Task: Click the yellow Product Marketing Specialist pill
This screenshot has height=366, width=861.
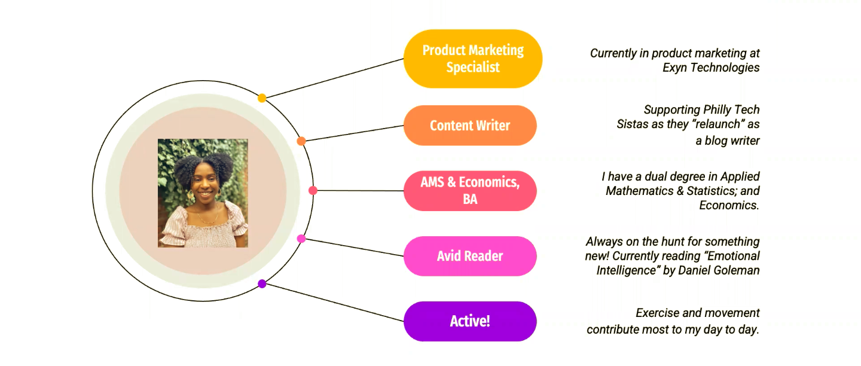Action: pyautogui.click(x=472, y=59)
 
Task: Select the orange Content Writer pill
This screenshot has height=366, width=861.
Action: pyautogui.click(x=470, y=126)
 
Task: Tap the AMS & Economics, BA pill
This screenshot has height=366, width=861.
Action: pyautogui.click(x=470, y=191)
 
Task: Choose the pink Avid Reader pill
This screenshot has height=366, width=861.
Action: pyautogui.click(x=470, y=256)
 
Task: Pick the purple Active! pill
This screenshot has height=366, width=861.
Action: pyautogui.click(x=470, y=321)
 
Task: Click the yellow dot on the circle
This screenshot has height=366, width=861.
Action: pyautogui.click(x=262, y=98)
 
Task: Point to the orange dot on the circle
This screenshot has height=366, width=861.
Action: pyautogui.click(x=301, y=141)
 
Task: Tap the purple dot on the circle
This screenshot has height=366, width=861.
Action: pyautogui.click(x=262, y=283)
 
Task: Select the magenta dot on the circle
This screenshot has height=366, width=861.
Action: pyautogui.click(x=301, y=239)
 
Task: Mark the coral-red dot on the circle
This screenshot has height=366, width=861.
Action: pyautogui.click(x=313, y=191)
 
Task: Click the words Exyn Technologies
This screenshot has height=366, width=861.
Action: pyautogui.click(x=711, y=68)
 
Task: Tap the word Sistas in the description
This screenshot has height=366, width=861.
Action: pyautogui.click(x=634, y=124)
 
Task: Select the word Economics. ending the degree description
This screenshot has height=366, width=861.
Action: pyautogui.click(x=729, y=205)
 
